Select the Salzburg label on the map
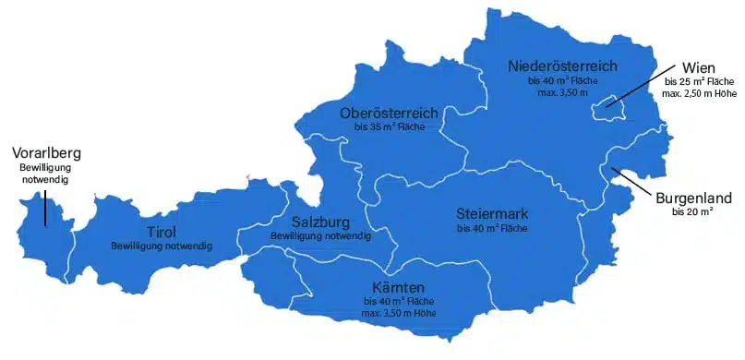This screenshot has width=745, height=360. (320, 222)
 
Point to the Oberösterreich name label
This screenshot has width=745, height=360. (389, 114)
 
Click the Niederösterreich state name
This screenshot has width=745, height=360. (561, 66)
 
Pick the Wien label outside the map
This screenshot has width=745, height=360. (699, 68)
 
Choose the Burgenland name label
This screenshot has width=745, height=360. (693, 198)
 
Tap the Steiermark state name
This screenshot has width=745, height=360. (492, 213)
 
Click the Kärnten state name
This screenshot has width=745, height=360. (399, 287)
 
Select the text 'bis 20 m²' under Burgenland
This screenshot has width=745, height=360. (693, 211)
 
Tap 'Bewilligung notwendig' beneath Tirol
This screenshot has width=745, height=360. (162, 246)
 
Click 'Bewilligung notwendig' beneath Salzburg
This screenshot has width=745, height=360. (320, 236)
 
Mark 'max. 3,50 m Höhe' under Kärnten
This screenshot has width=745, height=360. (399, 314)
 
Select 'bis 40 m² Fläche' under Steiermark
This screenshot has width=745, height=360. (492, 228)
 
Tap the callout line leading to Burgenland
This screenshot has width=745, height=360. (637, 182)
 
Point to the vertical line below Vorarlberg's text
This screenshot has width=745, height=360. (44, 205)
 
